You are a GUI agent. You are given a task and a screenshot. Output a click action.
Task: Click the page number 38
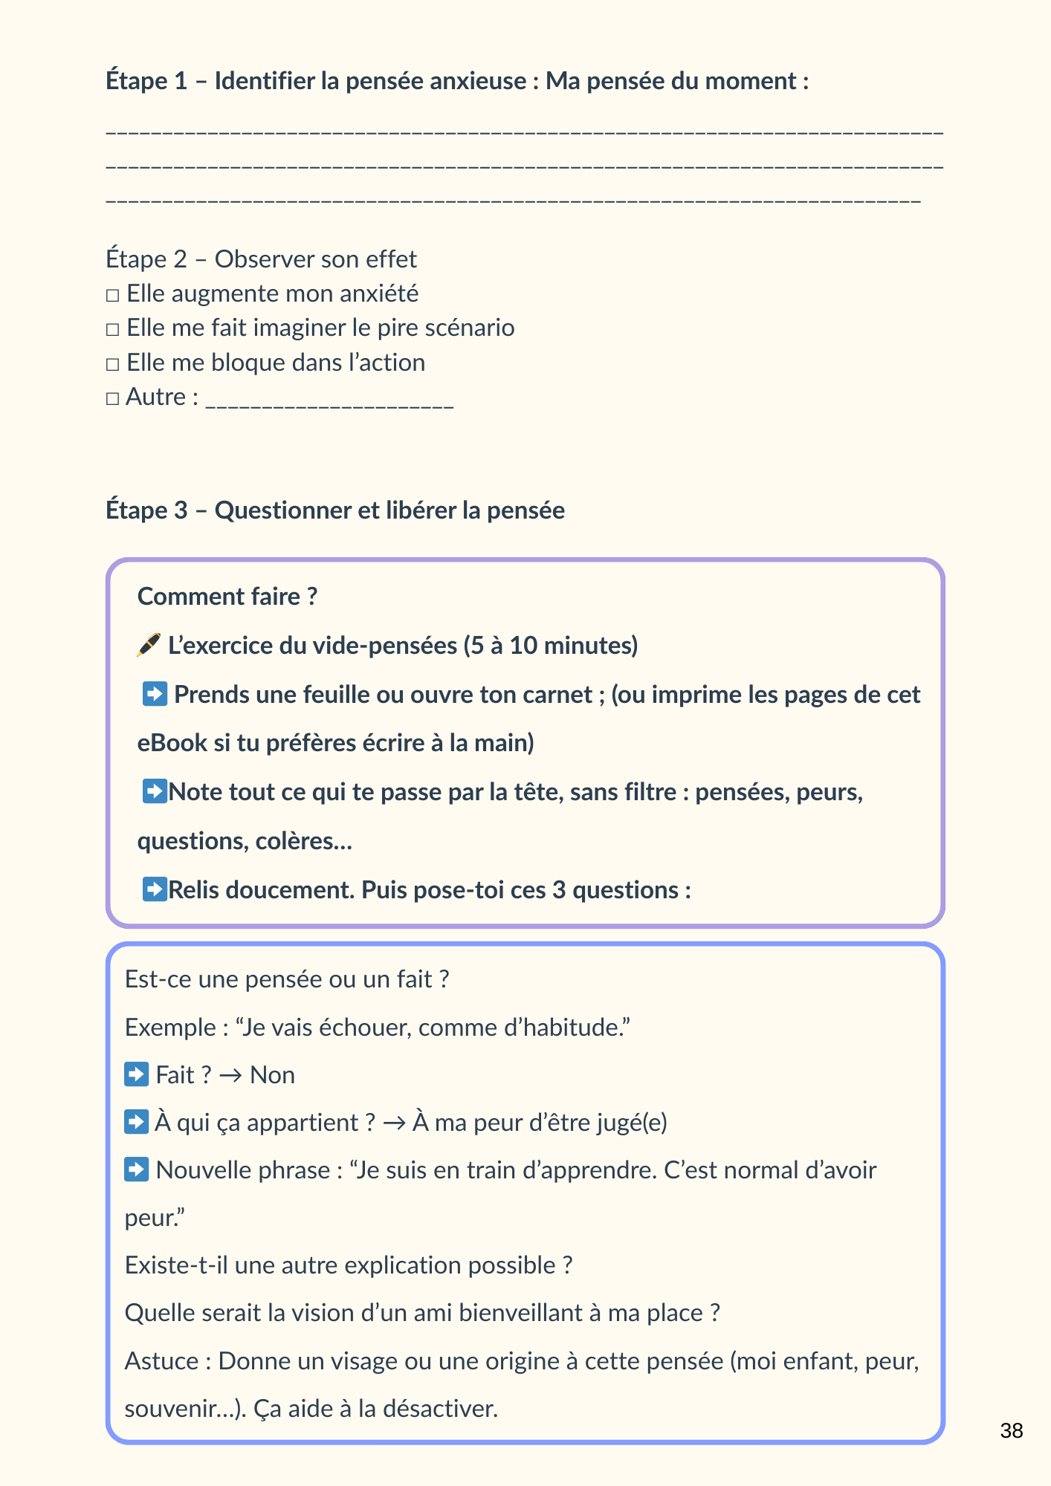[1011, 1431]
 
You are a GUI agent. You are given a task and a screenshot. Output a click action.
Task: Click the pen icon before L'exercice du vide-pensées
[149, 645]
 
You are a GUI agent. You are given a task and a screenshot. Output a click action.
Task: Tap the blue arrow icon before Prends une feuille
[155, 694]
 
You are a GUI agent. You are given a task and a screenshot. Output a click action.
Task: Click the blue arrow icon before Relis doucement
[155, 889]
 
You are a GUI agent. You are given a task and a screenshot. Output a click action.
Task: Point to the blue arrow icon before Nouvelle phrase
[137, 1169]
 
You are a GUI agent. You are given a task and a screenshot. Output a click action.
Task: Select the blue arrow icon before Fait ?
[137, 1074]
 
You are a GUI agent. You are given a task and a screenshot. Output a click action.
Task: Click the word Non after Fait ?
[272, 1075]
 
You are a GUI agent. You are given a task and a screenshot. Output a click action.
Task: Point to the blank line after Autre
[329, 401]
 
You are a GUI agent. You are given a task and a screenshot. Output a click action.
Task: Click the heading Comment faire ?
[227, 597]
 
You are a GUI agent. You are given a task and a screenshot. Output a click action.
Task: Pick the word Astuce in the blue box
[161, 1361]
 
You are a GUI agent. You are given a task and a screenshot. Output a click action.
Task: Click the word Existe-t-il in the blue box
[176, 1265]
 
